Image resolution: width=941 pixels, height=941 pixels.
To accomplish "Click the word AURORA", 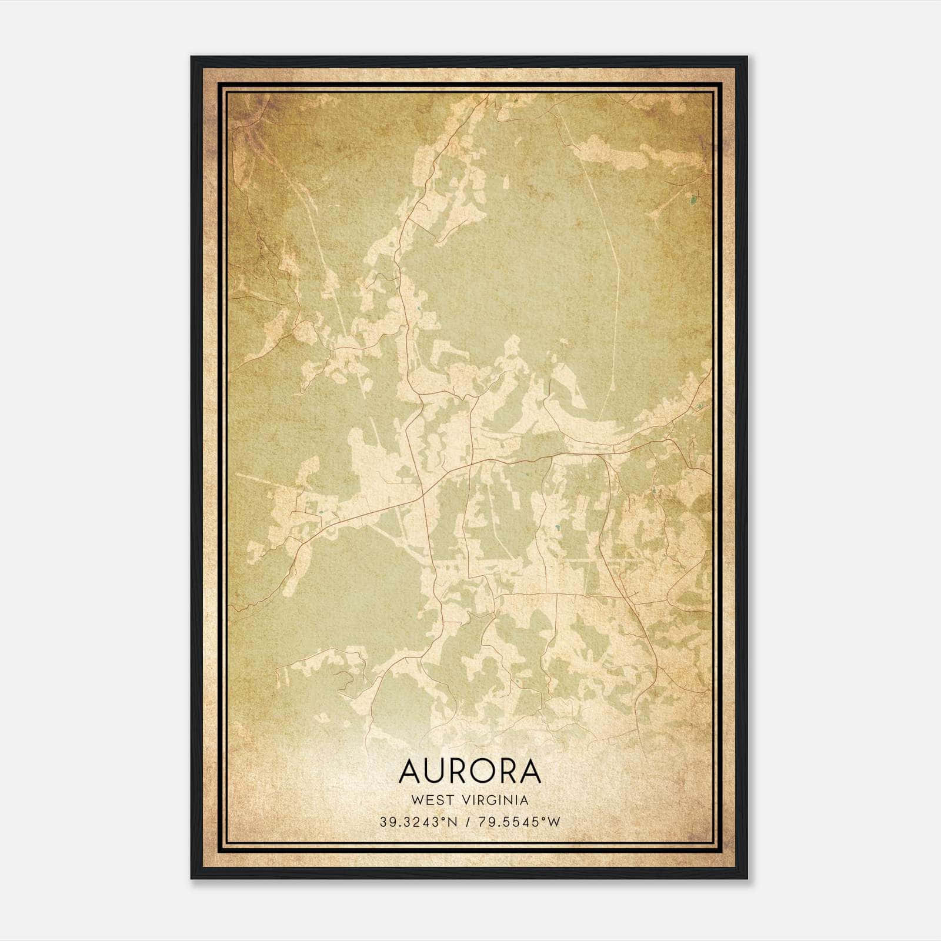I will [x=469, y=771].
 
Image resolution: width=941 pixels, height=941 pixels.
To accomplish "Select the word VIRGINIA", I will [x=498, y=800].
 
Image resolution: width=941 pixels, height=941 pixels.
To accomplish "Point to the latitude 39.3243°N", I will [x=418, y=822].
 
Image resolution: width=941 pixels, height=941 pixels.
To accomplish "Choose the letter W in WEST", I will [x=417, y=800].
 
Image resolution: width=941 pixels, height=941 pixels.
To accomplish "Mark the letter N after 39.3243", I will [x=453, y=822].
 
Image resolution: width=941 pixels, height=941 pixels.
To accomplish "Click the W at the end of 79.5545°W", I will [x=554, y=822].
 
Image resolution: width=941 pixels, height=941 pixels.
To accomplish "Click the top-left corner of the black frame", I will [x=192, y=57].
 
